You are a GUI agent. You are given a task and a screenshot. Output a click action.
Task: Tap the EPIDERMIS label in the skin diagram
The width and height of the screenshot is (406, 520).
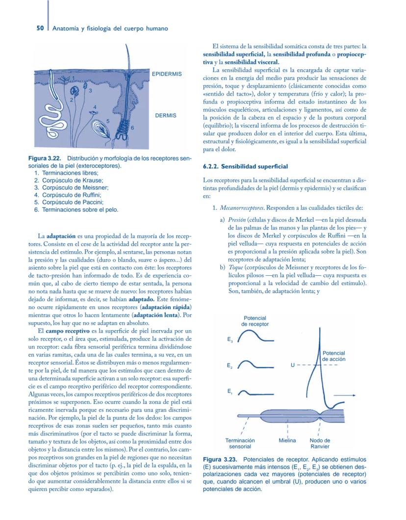click(x=167, y=74)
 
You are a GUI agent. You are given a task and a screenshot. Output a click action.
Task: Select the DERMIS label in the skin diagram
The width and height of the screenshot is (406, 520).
click(x=165, y=116)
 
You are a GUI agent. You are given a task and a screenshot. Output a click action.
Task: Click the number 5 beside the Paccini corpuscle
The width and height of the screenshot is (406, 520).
click(x=107, y=121)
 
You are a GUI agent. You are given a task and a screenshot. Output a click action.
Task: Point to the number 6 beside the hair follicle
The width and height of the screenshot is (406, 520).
click(x=132, y=127)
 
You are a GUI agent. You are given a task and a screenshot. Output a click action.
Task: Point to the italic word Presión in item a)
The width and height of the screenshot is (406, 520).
click(x=238, y=220)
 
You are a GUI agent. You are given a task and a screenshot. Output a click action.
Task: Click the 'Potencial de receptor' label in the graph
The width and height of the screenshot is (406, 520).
click(x=255, y=321)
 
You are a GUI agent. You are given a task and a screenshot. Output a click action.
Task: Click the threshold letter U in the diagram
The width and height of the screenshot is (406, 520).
click(x=293, y=365)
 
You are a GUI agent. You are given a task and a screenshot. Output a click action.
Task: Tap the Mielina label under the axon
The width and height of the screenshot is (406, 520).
click(x=287, y=440)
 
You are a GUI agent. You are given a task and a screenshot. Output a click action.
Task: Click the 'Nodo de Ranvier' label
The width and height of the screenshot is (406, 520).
click(x=320, y=443)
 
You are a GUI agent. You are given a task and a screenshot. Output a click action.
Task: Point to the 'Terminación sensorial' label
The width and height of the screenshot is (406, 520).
click(x=240, y=443)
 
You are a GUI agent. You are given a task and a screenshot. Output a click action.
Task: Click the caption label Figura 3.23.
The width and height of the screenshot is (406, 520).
click(x=219, y=460)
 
